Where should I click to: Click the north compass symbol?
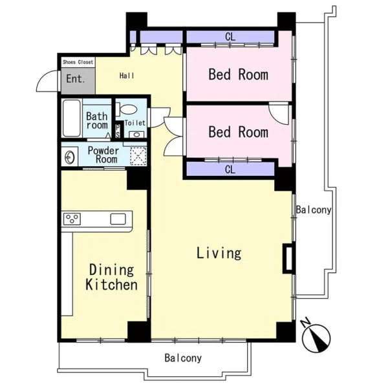(316, 336)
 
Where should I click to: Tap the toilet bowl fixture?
(126, 109)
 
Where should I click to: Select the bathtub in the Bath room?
(72, 118)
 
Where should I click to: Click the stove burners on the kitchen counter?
(72, 219)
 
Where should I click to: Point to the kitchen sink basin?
(118, 219)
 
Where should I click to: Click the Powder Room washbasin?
(70, 157)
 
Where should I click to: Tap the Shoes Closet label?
(78, 62)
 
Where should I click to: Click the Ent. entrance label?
(76, 79)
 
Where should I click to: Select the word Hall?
(127, 76)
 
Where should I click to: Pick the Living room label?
(219, 253)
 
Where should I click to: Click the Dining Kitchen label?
(112, 277)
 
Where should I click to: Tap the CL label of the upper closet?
(230, 37)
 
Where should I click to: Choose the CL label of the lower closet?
(230, 169)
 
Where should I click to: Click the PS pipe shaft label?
(118, 131)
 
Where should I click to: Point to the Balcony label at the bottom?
(183, 358)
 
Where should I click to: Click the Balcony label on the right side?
(314, 210)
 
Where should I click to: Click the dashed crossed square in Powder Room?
(138, 156)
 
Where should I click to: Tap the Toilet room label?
(135, 123)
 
